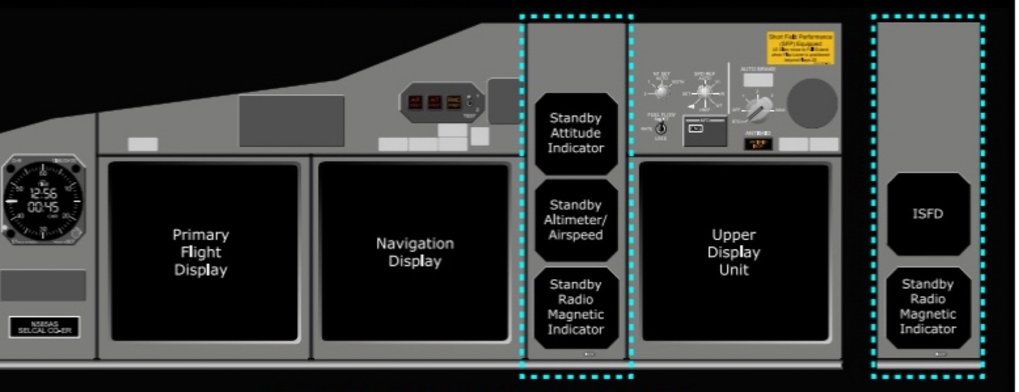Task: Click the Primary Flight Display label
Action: coord(200,252)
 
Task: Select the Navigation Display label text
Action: coord(415,252)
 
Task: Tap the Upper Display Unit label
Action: coord(733,252)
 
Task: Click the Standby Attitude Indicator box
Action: coord(576,134)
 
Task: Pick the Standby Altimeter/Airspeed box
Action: coord(576,220)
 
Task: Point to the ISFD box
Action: coord(927,214)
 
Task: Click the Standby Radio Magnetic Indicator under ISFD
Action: coord(927,306)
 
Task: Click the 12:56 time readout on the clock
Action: coord(43,193)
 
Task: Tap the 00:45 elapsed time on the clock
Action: coord(43,207)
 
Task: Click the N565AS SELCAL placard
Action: coord(44,326)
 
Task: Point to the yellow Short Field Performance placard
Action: coord(800,47)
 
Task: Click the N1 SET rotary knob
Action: coord(662,92)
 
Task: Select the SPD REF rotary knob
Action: coord(704,92)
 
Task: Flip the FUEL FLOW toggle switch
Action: coord(662,128)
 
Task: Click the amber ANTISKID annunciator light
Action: coord(759,144)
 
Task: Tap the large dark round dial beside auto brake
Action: coord(812,103)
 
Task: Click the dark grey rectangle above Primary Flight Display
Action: coord(291,121)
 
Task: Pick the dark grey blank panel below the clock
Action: coord(43,285)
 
